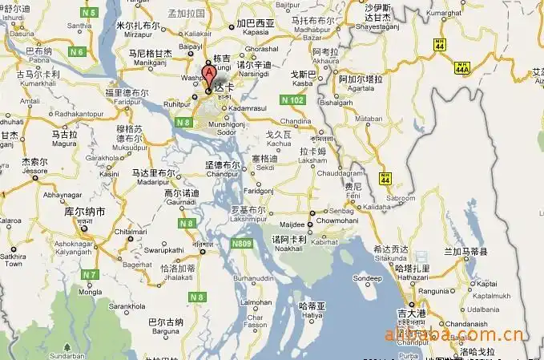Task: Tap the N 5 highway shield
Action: pyautogui.click(x=88, y=13)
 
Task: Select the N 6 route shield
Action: pyautogui.click(x=78, y=51)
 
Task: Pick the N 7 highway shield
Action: pyautogui.click(x=90, y=275)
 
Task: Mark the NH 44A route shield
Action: pyautogui.click(x=462, y=70)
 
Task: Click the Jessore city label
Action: pyautogui.click(x=34, y=170)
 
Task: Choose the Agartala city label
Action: pyautogui.click(x=362, y=90)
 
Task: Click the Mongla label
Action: pyautogui.click(x=93, y=293)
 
